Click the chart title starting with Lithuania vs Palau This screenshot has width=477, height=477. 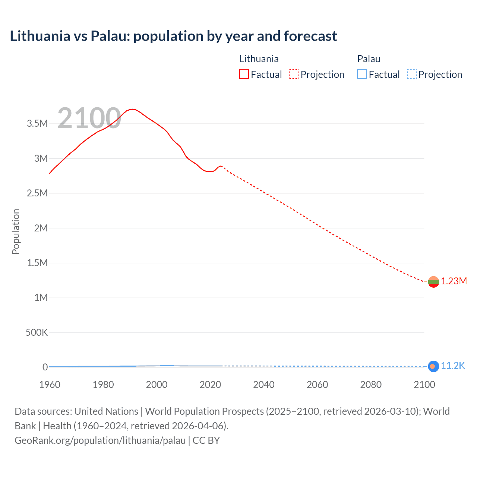173,36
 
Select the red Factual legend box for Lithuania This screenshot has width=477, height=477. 244,75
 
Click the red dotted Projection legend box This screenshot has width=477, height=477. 294,75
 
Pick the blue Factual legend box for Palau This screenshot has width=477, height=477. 362,75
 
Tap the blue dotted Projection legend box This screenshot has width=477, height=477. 412,75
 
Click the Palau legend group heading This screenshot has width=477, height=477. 369,59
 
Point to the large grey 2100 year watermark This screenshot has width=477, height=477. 89,119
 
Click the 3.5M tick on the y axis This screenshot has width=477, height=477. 37,124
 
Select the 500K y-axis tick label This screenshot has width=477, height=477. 37,332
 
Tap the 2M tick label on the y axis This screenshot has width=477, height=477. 41,228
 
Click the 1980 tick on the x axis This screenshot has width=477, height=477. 103,385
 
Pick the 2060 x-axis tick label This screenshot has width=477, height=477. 317,385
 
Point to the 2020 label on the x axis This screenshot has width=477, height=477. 210,385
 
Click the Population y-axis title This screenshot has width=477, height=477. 16,231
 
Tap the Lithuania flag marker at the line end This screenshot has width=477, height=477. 433,282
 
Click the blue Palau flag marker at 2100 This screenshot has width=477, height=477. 433,366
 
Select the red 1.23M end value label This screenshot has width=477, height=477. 454,281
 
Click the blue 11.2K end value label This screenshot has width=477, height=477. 453,366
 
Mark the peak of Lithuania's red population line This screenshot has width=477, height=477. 132,109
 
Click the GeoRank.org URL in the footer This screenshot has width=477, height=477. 100,440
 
